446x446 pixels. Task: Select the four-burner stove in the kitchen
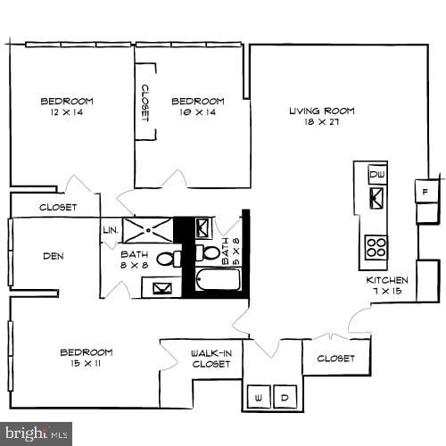376,245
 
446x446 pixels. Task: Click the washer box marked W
258,396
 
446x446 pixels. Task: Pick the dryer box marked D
285,396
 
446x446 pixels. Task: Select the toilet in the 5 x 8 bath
202,254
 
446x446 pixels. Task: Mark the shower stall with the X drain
146,230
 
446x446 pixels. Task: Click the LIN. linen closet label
111,230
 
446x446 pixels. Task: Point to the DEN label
53,256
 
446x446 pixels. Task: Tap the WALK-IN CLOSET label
211,359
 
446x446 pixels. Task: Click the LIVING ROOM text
321,111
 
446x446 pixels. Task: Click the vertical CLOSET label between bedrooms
145,104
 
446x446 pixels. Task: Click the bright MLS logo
37,434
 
